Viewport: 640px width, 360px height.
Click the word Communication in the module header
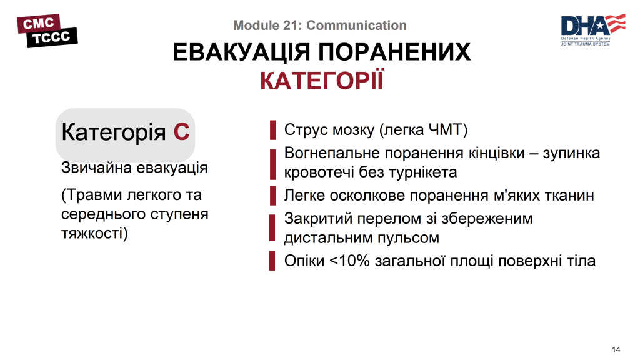pos(357,26)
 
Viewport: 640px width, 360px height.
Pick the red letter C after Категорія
pos(181,132)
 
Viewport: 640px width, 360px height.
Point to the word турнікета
pos(422,172)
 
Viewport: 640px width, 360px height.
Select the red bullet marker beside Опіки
pos(272,261)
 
